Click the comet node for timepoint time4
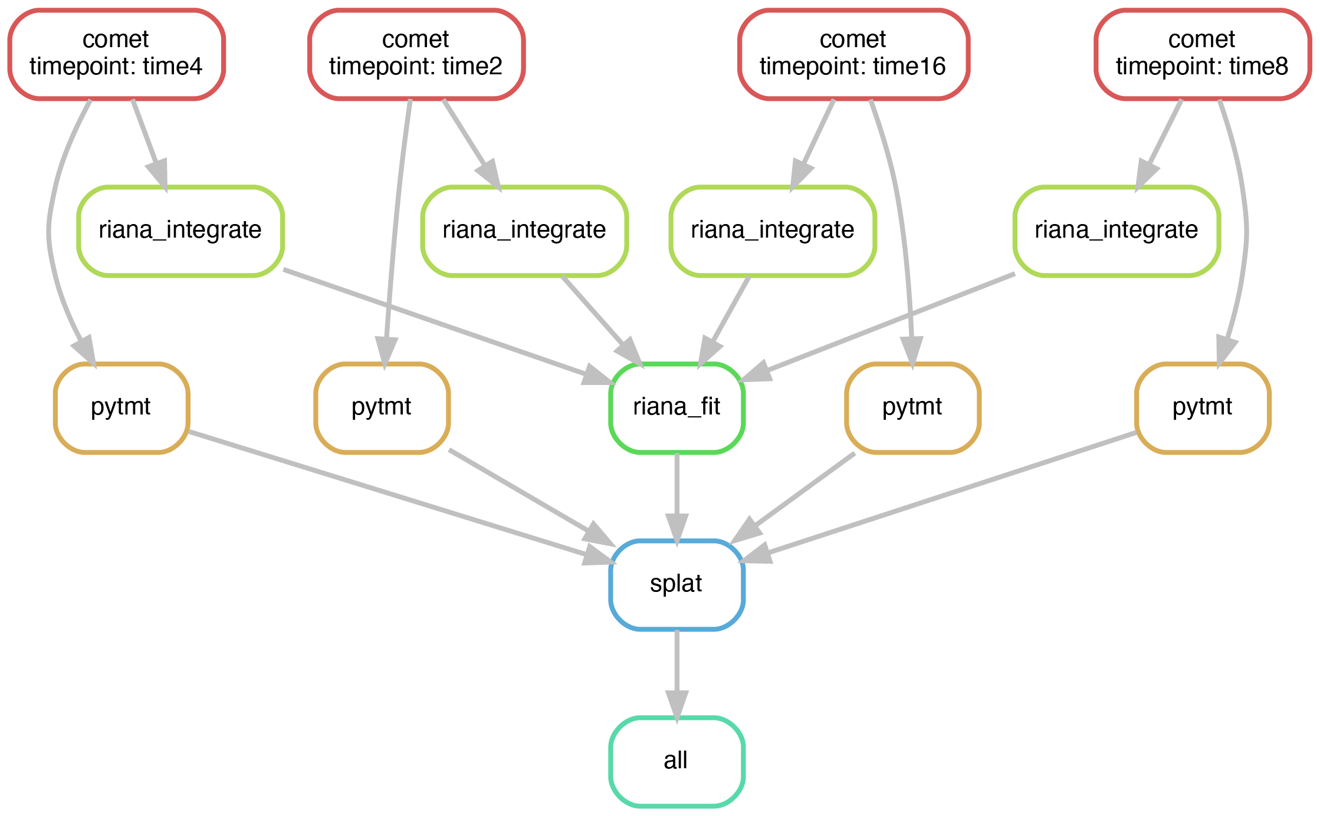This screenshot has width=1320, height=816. pos(116,54)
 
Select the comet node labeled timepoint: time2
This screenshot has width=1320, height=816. pos(416,54)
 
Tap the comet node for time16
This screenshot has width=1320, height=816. pos(853,54)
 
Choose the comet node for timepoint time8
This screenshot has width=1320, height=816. pos(1203,54)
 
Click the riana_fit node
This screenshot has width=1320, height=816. pos(677,408)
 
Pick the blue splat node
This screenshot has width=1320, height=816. pos(677,585)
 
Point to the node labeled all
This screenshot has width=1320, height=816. pos(677,762)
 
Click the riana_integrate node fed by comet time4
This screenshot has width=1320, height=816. pos(180,231)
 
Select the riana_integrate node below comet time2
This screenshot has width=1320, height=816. pos(524,231)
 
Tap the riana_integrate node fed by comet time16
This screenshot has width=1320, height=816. pos(773,231)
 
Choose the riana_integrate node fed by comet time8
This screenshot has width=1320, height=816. pos(1117,231)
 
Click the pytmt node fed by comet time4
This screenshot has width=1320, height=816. pos(121,408)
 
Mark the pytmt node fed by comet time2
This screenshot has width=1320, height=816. pos(382,408)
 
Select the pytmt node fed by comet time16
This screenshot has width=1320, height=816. pos(912,408)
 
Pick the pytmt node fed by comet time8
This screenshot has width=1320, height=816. pos(1203,408)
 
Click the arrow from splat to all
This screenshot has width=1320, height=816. pos(677,674)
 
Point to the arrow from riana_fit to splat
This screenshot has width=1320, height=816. pos(677,497)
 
